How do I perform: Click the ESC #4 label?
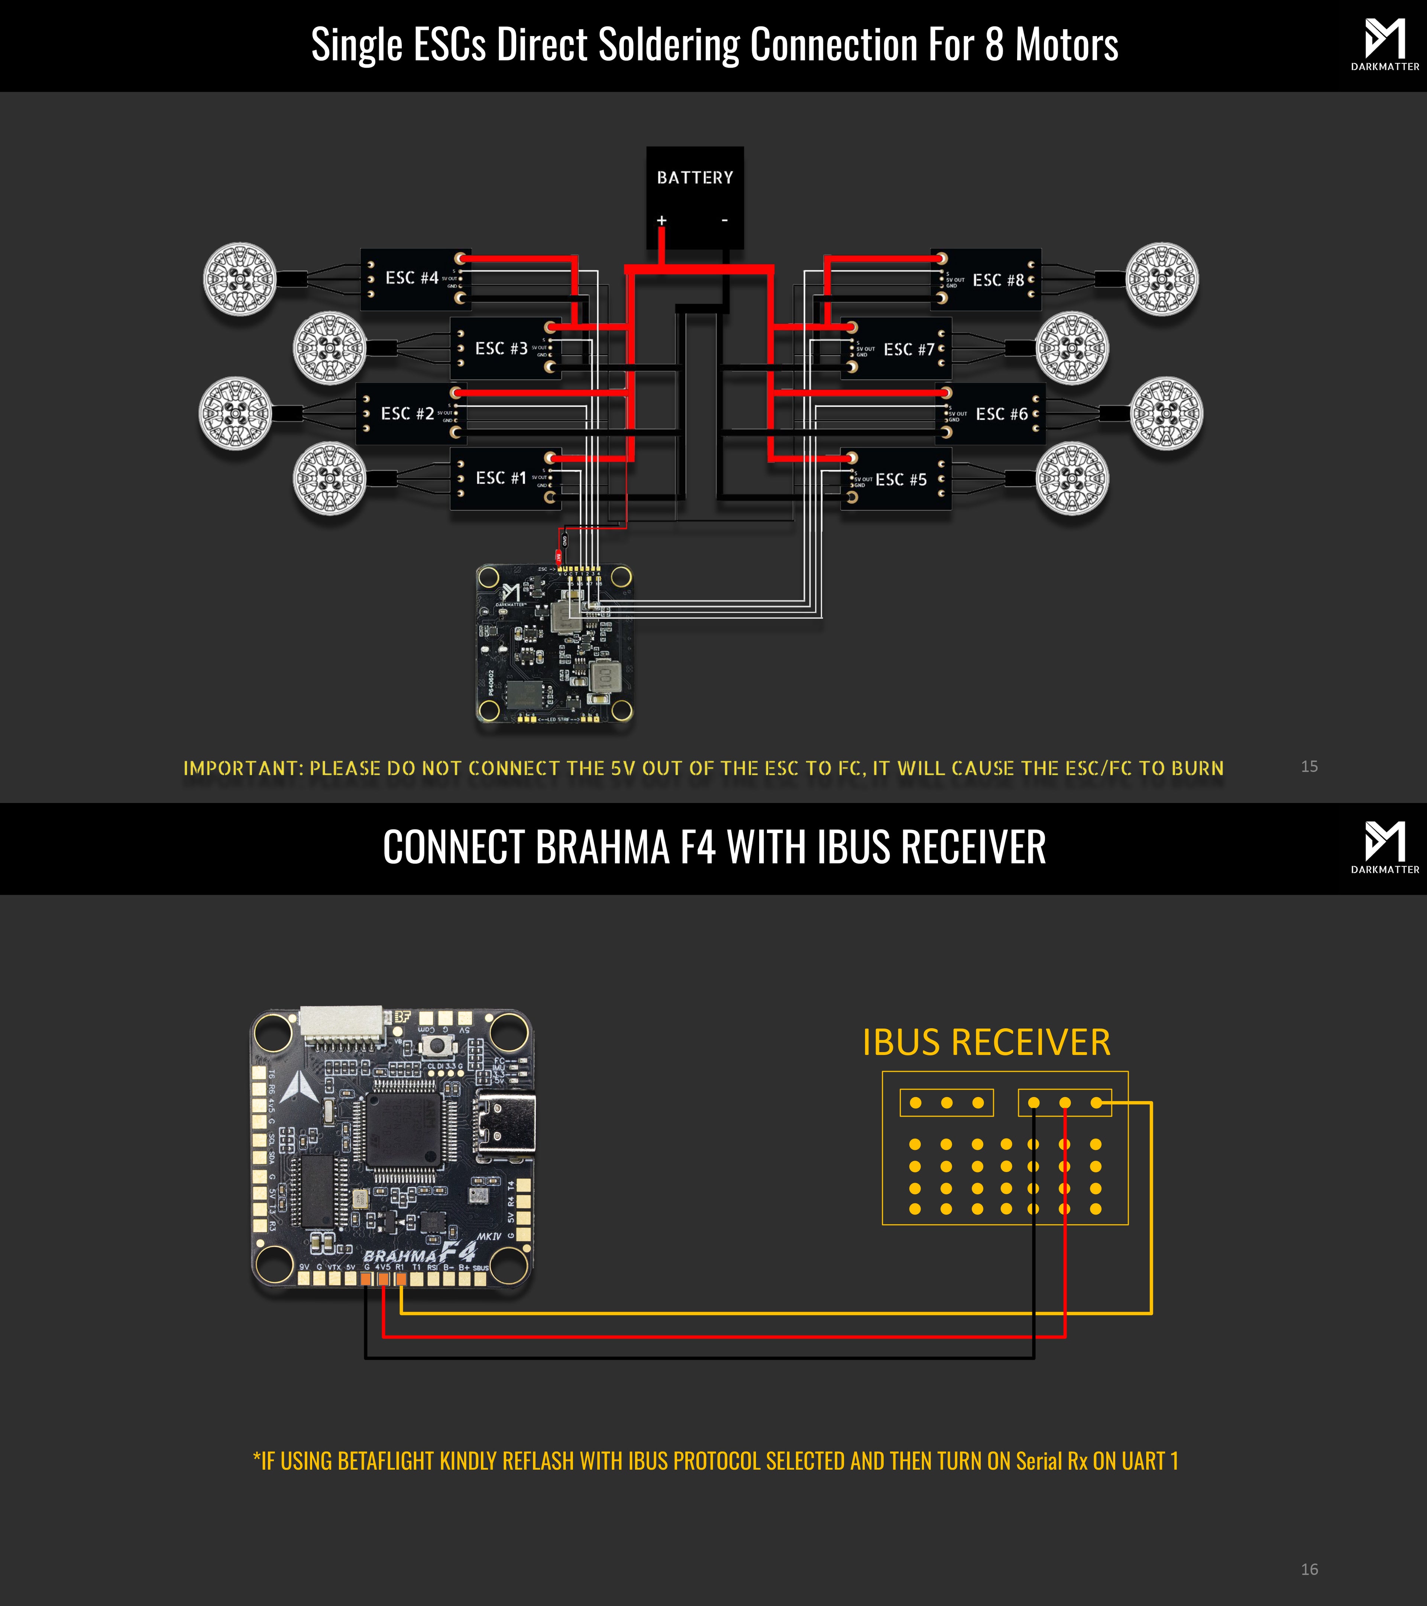(x=411, y=278)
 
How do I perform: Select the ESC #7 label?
(x=909, y=350)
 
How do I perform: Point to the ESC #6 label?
(x=1002, y=414)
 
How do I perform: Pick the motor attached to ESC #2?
(x=236, y=413)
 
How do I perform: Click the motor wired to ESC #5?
(x=1072, y=478)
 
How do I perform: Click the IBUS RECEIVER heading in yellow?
(x=986, y=1043)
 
